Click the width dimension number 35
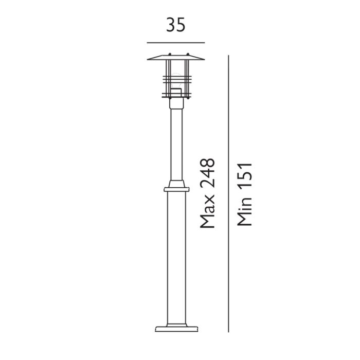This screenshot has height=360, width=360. click(175, 25)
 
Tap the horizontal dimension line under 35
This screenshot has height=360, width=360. click(175, 42)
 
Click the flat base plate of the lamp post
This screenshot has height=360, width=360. click(175, 328)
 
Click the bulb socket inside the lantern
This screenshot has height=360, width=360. click(175, 92)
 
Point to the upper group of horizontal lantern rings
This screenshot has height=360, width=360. click(175, 80)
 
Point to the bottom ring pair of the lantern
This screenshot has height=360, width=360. click(175, 96)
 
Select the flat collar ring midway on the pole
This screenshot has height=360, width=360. click(175, 189)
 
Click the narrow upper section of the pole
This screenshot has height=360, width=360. click(175, 144)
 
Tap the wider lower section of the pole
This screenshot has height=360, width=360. click(175, 257)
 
